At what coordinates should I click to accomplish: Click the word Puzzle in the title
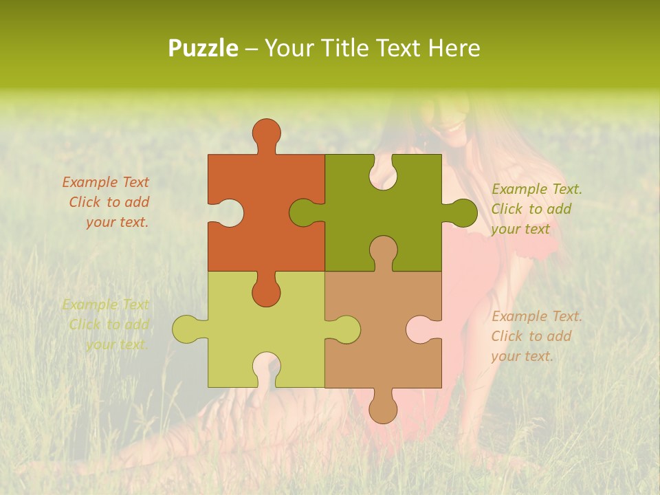(x=203, y=49)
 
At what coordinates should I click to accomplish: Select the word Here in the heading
(x=454, y=48)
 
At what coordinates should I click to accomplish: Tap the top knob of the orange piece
(x=267, y=133)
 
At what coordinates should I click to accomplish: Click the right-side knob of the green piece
(x=462, y=212)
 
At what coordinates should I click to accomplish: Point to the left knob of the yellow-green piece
(x=187, y=329)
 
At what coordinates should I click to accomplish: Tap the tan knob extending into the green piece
(x=383, y=250)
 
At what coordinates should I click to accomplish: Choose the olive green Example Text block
(x=536, y=209)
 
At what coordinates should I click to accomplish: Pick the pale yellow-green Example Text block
(x=107, y=324)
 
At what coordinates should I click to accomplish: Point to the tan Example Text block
(x=536, y=336)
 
